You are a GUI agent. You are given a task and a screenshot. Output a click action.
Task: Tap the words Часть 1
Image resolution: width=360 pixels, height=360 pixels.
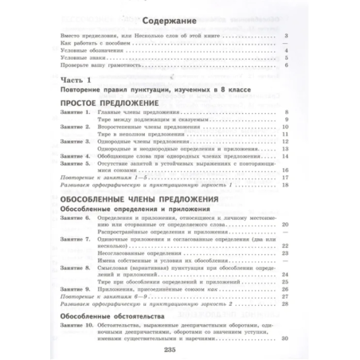pos(68,90)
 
